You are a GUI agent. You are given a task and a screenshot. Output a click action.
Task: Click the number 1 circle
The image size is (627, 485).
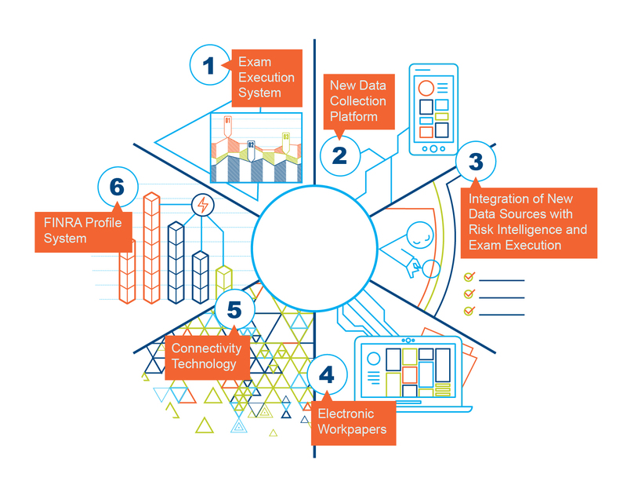[x=209, y=65]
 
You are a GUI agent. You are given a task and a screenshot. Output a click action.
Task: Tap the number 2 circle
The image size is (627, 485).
[x=339, y=154]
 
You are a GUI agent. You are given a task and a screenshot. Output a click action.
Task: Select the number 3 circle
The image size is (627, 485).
[x=476, y=162]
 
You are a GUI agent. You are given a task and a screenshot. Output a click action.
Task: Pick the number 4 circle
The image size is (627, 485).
[x=327, y=375]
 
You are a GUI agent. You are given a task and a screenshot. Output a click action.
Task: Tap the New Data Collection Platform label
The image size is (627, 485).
[x=357, y=100]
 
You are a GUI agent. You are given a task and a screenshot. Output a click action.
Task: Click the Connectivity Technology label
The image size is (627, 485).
[x=204, y=356]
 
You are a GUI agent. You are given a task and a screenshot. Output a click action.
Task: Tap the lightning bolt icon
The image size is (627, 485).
[x=204, y=206]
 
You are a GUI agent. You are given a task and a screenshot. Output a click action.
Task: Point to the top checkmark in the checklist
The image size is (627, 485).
[x=469, y=277]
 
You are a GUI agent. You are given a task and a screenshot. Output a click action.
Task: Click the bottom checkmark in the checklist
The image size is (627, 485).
[x=469, y=311]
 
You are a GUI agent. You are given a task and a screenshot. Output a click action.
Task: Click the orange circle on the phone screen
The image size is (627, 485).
[x=426, y=88]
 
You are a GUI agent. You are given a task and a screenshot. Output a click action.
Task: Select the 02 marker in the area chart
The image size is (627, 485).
[x=251, y=146]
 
